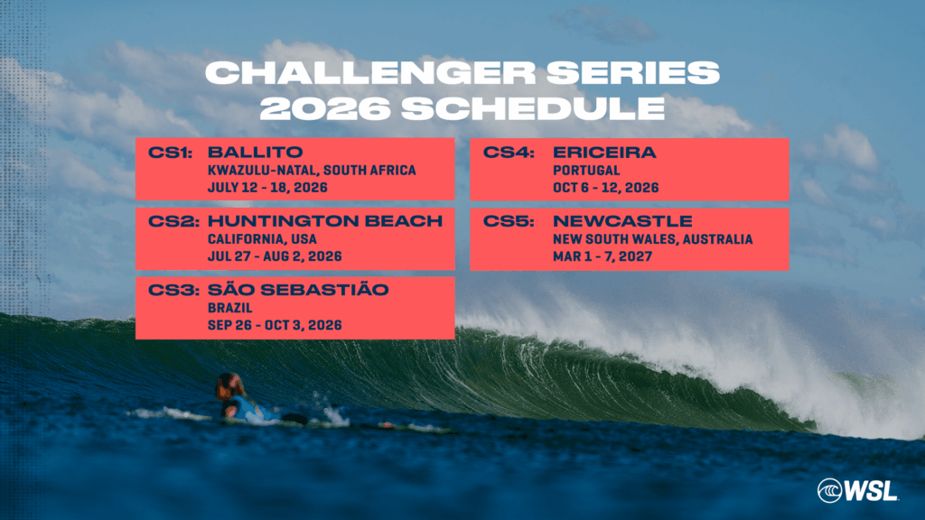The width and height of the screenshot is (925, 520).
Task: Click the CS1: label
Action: [172, 153]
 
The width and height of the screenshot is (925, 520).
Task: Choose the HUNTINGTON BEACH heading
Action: [325, 222]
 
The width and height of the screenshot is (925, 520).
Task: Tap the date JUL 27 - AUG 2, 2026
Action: [275, 257]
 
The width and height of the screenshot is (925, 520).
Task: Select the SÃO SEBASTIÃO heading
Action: [298, 290]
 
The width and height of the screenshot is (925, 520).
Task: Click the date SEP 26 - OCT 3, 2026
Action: [275, 325]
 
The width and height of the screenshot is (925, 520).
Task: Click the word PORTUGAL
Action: [586, 171]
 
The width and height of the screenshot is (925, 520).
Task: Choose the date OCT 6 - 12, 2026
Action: [605, 188]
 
